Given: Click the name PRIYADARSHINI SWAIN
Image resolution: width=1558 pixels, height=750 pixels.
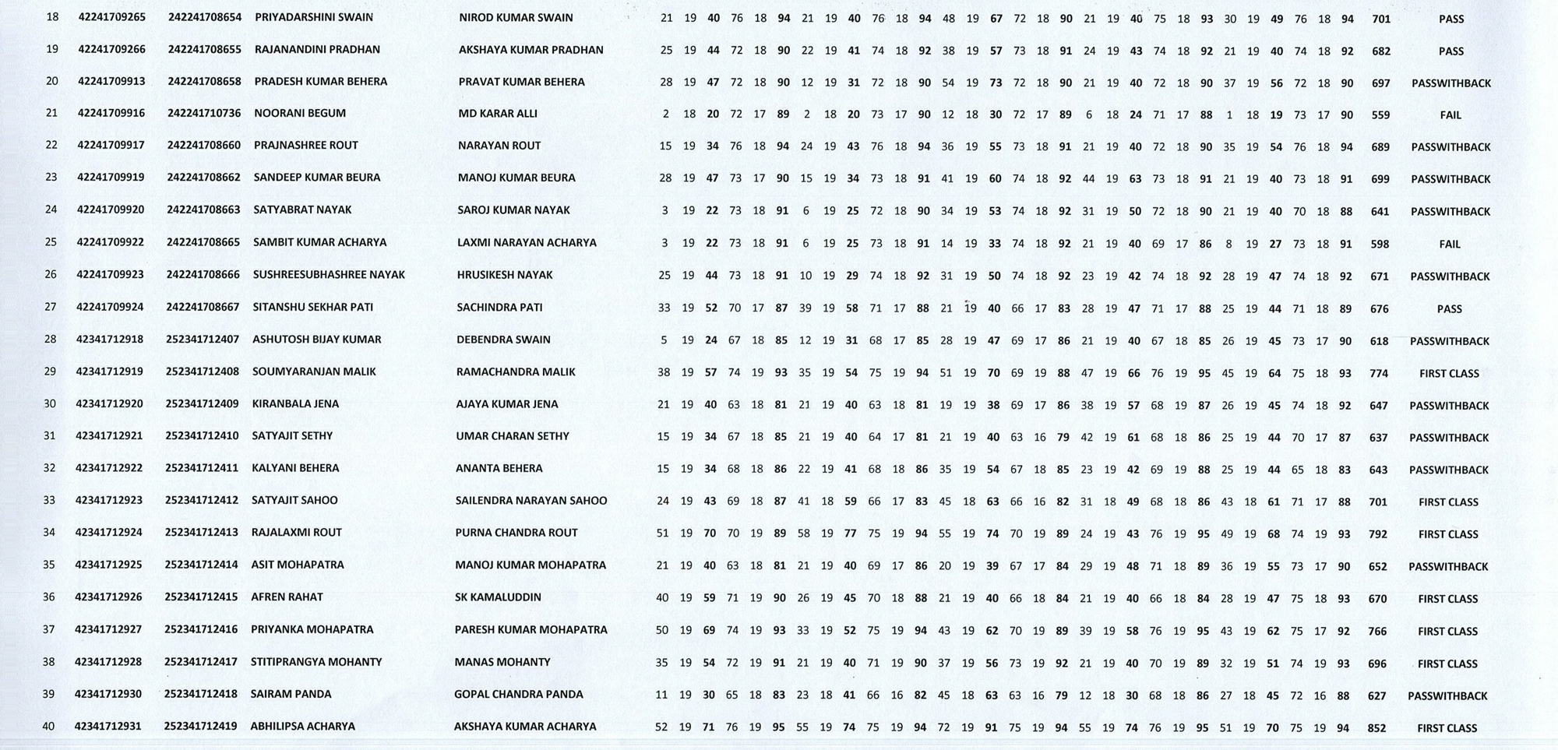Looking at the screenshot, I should point(313,17).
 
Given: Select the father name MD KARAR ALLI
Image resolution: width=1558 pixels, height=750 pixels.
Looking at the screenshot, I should point(498,114).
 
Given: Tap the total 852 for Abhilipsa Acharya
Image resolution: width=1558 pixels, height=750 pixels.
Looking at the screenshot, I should point(1376,728).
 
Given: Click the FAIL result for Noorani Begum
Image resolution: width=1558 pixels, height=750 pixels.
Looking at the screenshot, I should point(1450,115).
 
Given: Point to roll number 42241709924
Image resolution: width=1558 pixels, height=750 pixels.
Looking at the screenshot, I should point(110,307).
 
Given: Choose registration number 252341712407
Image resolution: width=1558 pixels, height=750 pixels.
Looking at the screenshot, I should point(203,340).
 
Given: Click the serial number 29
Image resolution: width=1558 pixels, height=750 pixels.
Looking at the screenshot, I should point(50,371).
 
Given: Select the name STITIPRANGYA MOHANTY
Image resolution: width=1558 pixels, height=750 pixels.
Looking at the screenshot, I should point(316,662).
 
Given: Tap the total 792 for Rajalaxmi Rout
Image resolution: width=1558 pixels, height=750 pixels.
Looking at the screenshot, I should point(1378,534).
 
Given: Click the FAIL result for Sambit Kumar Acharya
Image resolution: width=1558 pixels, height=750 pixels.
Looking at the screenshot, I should point(1450,245).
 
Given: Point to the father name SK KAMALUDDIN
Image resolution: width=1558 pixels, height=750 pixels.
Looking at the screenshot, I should point(498,597).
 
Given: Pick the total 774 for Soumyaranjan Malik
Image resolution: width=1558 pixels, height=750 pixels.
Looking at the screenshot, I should point(1379,374).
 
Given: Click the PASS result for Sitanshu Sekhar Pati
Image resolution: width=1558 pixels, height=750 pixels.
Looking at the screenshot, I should point(1449,309).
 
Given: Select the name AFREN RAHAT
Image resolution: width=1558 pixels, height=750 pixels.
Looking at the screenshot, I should point(287,597).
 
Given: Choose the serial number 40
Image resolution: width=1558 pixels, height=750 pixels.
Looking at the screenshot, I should point(48,727).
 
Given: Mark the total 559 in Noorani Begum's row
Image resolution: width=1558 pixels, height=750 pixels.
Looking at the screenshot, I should point(1380,115).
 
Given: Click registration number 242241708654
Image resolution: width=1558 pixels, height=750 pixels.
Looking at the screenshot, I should point(205,17).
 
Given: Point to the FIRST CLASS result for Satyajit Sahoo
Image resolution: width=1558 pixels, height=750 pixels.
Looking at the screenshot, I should point(1448,502).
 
